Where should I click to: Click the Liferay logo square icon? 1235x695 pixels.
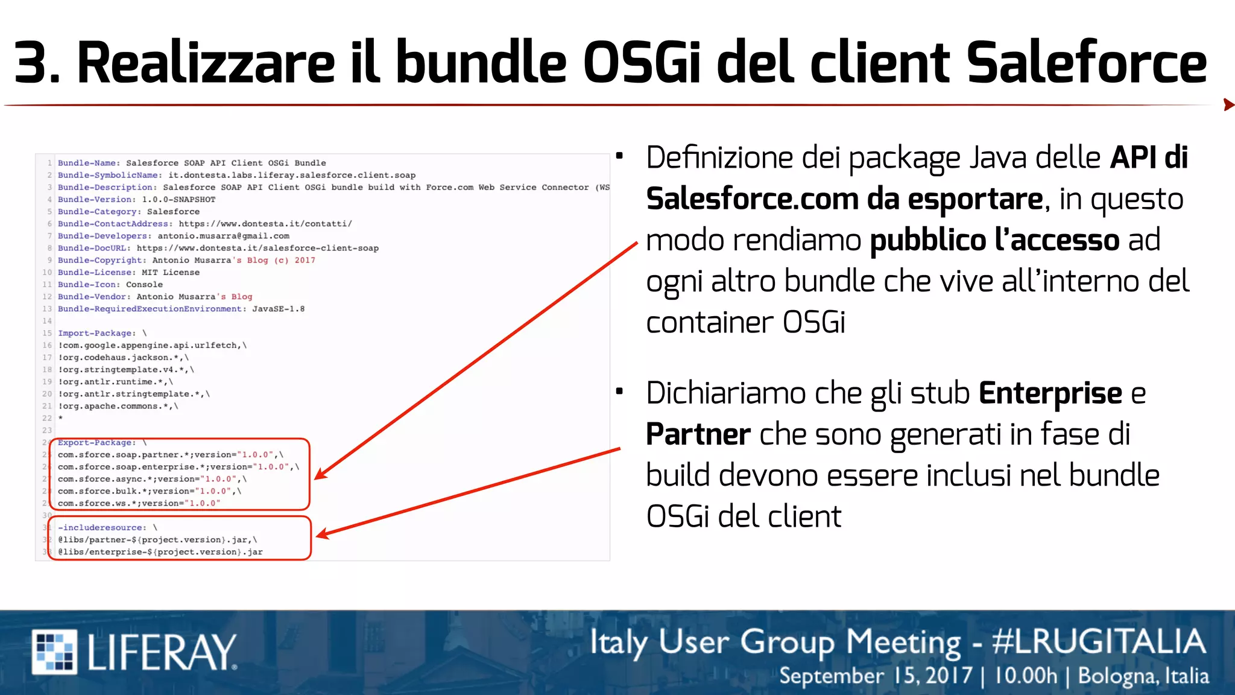point(54,651)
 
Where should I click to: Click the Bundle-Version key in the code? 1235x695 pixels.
point(96,200)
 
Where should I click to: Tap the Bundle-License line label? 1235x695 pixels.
point(96,273)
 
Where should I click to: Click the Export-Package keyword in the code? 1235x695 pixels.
point(96,443)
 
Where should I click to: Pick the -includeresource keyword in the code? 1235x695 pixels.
point(101,528)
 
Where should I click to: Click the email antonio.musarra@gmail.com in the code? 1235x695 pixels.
point(223,236)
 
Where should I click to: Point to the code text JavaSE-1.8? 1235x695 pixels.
point(278,309)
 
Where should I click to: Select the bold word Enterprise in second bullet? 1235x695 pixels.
point(1050,393)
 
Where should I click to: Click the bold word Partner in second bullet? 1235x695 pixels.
point(698,434)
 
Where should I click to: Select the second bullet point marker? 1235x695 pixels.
point(619,392)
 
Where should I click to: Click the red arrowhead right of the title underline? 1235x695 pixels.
point(1228,105)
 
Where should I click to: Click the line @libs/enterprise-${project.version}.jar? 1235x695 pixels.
point(160,552)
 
